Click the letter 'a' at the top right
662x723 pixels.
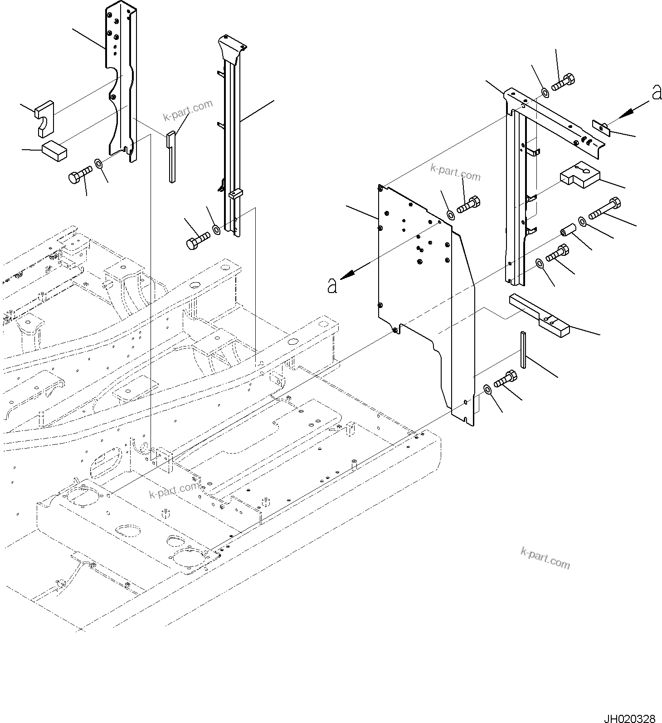656,93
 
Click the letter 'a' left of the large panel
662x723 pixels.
332,286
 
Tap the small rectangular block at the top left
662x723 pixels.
54,150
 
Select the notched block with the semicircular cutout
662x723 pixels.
44,117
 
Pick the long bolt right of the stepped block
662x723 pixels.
604,208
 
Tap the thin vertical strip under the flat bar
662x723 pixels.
523,349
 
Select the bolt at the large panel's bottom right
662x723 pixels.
505,379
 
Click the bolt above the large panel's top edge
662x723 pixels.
467,205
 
